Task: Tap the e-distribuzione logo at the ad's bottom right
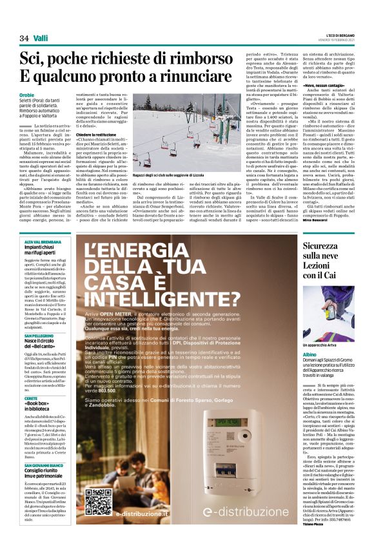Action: pyautogui.click(x=256, y=530)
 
